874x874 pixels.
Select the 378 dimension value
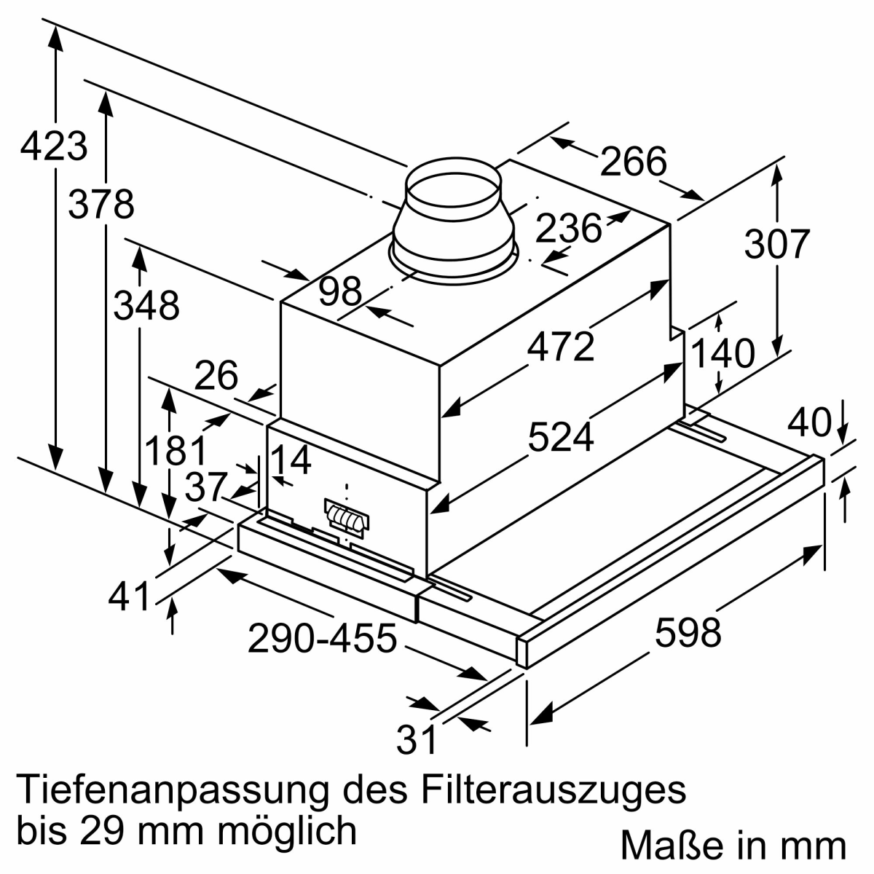point(101,204)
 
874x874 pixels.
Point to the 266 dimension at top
point(633,161)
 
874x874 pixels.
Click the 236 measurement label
point(568,228)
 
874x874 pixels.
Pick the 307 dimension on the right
point(776,244)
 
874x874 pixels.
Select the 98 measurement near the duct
point(339,291)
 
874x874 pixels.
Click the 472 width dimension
point(560,346)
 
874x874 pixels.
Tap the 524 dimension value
point(561,437)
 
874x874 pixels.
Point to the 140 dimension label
point(723,353)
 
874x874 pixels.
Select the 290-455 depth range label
point(322,638)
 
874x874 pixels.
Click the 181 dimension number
point(175,450)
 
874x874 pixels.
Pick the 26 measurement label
point(216,374)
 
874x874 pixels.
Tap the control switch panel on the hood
point(346,519)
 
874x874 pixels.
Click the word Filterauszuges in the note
point(553,791)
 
